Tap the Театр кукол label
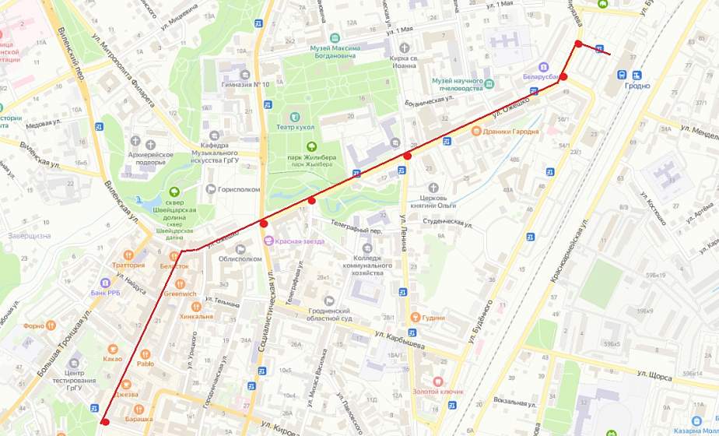[293, 127]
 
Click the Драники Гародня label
[510, 131]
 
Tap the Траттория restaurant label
[129, 265]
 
